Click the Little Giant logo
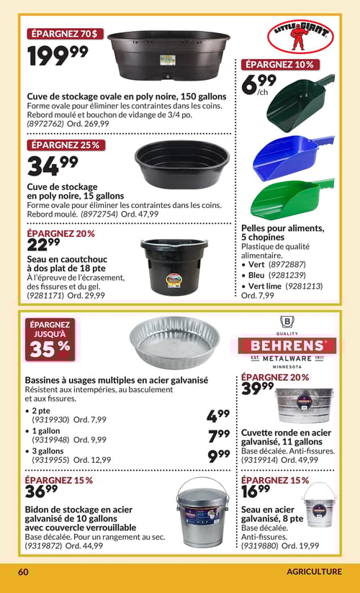click(300, 37)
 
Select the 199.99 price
click(58, 55)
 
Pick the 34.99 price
click(52, 165)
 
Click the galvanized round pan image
click(175, 343)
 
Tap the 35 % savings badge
click(50, 340)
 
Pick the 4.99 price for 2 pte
click(217, 415)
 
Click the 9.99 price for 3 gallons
click(217, 455)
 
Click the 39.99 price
click(258, 390)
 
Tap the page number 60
click(23, 571)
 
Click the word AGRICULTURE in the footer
click(313, 571)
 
